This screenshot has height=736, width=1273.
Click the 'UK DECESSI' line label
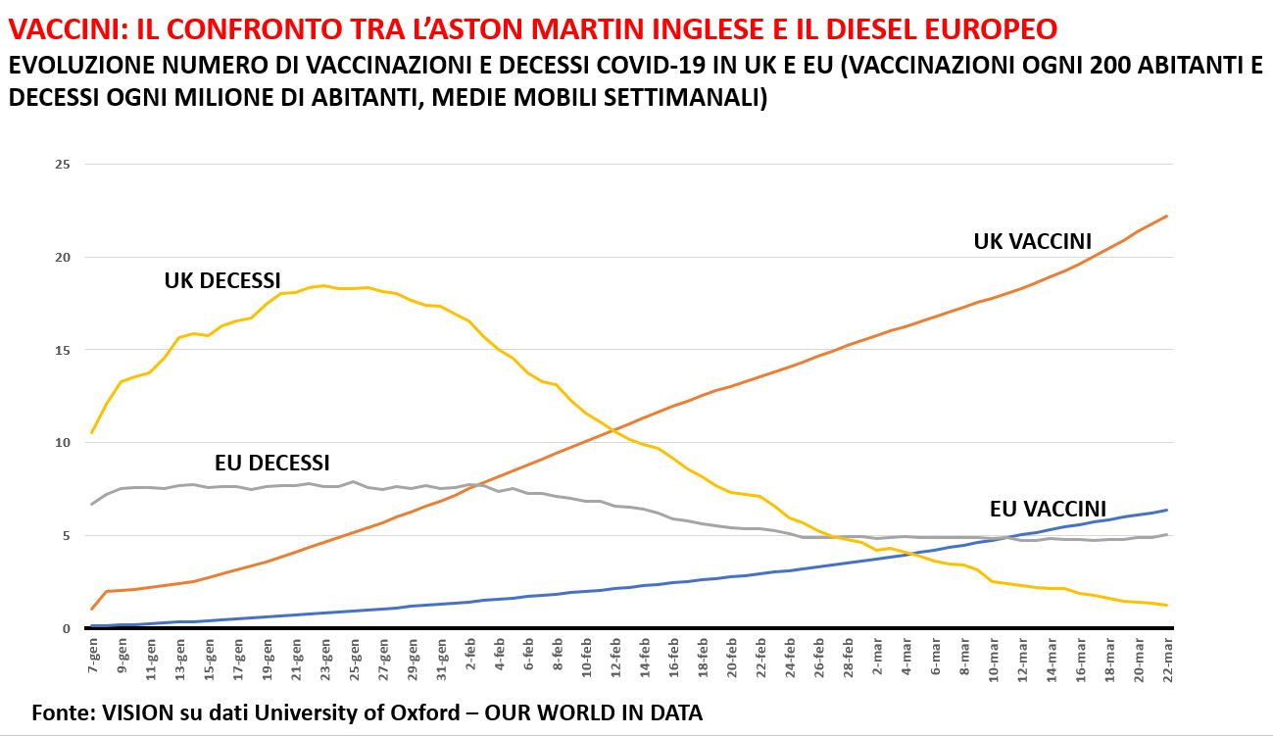coord(222,282)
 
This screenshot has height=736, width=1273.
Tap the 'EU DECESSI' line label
coord(271,463)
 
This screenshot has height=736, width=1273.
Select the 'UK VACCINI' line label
coord(1033,241)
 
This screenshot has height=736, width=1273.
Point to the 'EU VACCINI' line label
coord(1048,509)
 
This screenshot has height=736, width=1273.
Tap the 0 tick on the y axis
coord(66,628)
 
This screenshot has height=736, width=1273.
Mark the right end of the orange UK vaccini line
coord(1167,216)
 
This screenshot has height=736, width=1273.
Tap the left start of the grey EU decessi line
coord(92,504)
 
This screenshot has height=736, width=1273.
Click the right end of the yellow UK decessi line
coord(1167,605)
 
